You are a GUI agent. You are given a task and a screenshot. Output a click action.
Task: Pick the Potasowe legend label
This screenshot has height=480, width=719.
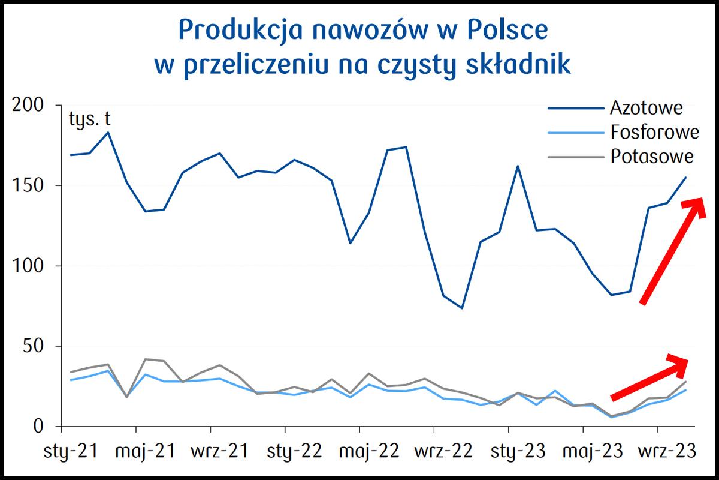(x=652, y=156)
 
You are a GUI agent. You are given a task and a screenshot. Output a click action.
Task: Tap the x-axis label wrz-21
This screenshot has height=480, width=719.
(x=211, y=451)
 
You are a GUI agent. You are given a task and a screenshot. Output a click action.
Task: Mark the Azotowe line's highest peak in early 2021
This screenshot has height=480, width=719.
(x=108, y=132)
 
